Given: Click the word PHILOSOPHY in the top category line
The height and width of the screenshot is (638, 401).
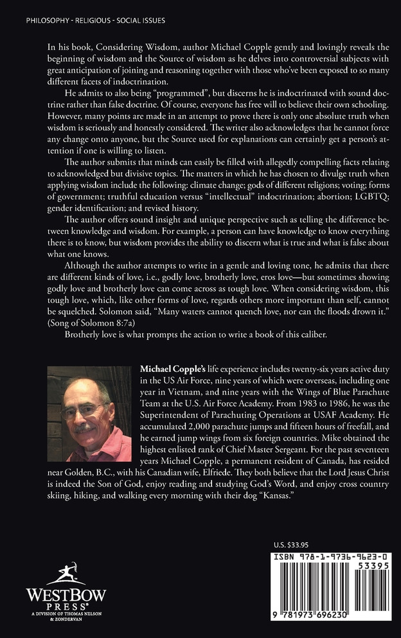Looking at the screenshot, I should [x=48, y=21].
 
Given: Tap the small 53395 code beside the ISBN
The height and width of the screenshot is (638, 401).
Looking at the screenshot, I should [x=373, y=569].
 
